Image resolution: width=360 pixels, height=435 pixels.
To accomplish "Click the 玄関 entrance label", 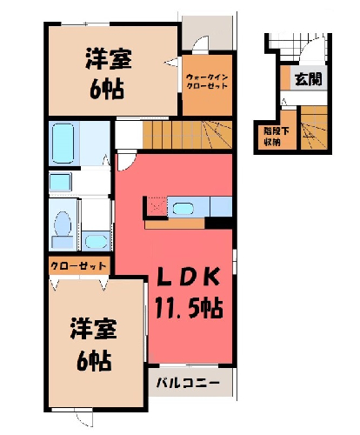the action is tap(309, 79).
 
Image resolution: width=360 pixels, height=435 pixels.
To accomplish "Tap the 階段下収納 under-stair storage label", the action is tap(277, 137).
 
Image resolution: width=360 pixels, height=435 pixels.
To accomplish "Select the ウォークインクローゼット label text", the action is tap(207, 82).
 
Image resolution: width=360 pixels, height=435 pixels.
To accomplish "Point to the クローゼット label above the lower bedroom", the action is tap(78, 265).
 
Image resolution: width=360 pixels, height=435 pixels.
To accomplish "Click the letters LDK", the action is tap(188, 277).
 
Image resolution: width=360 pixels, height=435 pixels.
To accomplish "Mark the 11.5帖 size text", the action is tap(190, 308).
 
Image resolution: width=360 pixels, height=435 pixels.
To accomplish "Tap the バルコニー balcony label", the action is tap(188, 383).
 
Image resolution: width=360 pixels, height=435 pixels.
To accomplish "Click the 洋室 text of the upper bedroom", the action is tap(109, 59).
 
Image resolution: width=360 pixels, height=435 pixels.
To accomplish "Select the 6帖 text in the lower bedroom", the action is tap(94, 360).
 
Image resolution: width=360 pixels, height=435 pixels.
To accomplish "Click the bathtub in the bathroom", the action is tap(63, 144).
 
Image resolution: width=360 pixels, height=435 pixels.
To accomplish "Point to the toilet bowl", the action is tap(63, 224).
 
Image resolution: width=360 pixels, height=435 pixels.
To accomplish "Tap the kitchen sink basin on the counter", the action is tap(183, 208).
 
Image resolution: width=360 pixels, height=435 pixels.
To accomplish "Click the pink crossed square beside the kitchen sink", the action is tap(157, 206).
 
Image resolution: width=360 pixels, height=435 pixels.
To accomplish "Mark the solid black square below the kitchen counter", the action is tap(219, 223).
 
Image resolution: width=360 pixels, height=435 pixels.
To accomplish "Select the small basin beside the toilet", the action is tap(97, 241).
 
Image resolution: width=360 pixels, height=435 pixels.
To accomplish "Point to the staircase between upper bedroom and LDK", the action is tap(188, 135).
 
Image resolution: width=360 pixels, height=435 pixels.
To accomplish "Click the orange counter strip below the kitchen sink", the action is tap(175, 224).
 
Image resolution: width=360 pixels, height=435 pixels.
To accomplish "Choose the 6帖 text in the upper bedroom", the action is tap(107, 89).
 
